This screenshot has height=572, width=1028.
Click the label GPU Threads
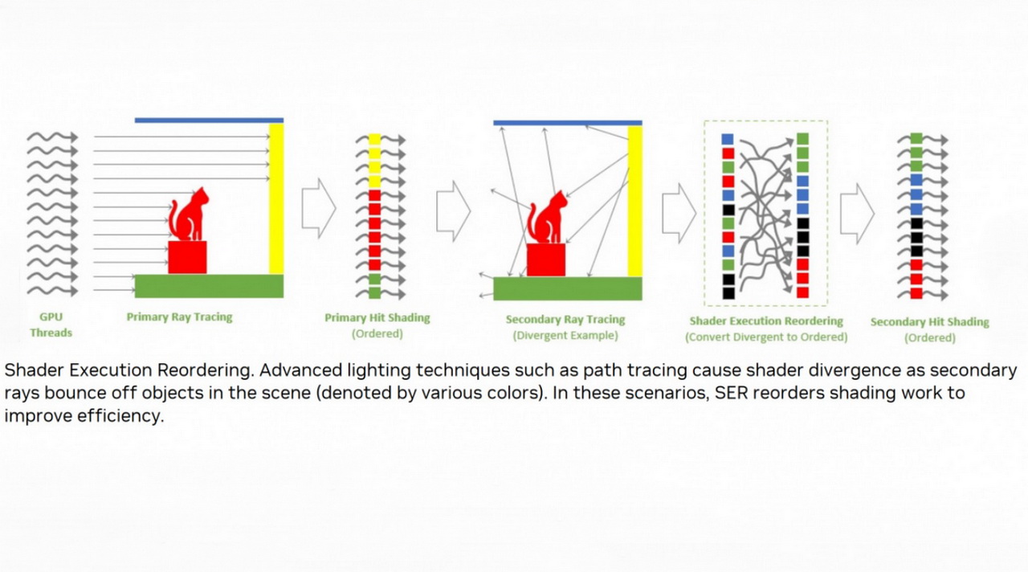click(51, 325)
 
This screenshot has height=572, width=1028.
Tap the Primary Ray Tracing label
click(179, 317)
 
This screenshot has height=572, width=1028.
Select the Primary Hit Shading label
click(377, 317)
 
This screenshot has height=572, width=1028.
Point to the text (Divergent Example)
click(565, 335)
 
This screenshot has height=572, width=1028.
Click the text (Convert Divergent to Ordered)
click(766, 337)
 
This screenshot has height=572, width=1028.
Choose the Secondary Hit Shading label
click(930, 322)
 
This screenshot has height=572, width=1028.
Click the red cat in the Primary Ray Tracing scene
click(189, 214)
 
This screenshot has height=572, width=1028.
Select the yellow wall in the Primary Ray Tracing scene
click(276, 198)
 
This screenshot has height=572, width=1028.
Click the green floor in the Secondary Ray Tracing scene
click(568, 288)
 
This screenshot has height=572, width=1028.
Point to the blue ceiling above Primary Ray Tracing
click(210, 121)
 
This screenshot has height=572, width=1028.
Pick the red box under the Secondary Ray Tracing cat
click(545, 260)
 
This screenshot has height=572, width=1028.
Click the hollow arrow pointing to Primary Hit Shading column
click(319, 208)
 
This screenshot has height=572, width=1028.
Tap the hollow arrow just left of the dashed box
click(679, 213)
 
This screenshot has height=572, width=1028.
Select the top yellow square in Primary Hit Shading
click(375, 139)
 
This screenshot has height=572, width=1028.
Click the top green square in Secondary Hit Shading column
click(916, 138)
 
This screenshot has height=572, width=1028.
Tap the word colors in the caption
click(514, 393)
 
